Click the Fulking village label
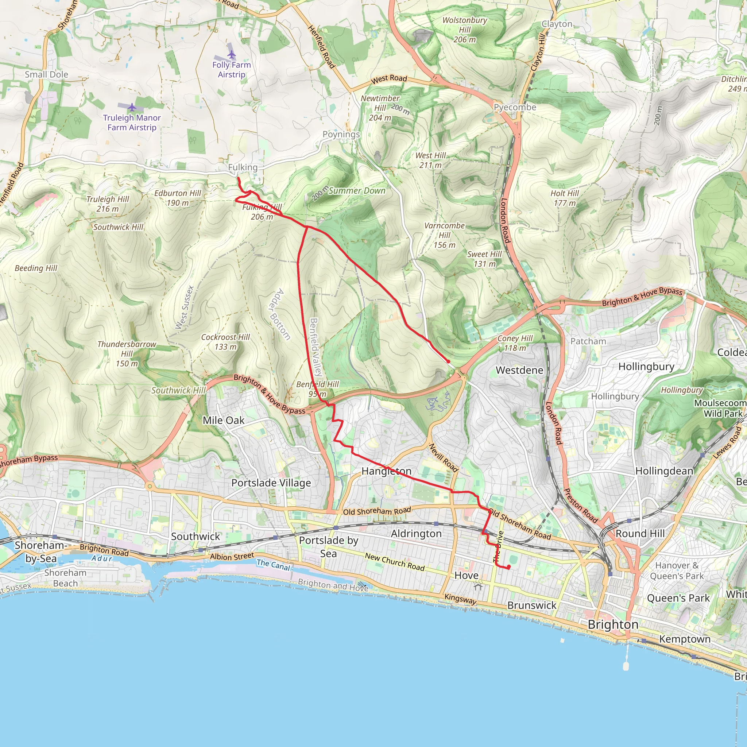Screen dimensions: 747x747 click(x=243, y=167)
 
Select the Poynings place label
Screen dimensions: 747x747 click(x=341, y=135)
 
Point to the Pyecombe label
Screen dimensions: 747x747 click(x=515, y=107)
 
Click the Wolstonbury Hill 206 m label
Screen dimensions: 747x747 click(x=464, y=30)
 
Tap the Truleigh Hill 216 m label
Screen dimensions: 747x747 click(x=108, y=204)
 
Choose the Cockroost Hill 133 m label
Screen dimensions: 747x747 click(x=225, y=342)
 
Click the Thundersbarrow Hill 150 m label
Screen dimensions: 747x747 click(x=127, y=353)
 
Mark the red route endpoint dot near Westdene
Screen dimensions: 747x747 click(x=448, y=361)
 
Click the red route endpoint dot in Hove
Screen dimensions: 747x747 click(x=509, y=567)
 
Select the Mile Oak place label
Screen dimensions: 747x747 click(x=224, y=420)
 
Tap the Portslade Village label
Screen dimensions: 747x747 click(x=271, y=483)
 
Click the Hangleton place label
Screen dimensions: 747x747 click(x=386, y=471)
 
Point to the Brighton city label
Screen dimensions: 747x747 click(x=613, y=625)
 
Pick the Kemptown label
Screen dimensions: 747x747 click(x=685, y=639)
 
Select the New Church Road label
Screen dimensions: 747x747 click(x=395, y=562)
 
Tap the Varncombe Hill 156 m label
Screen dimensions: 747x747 click(x=444, y=235)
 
